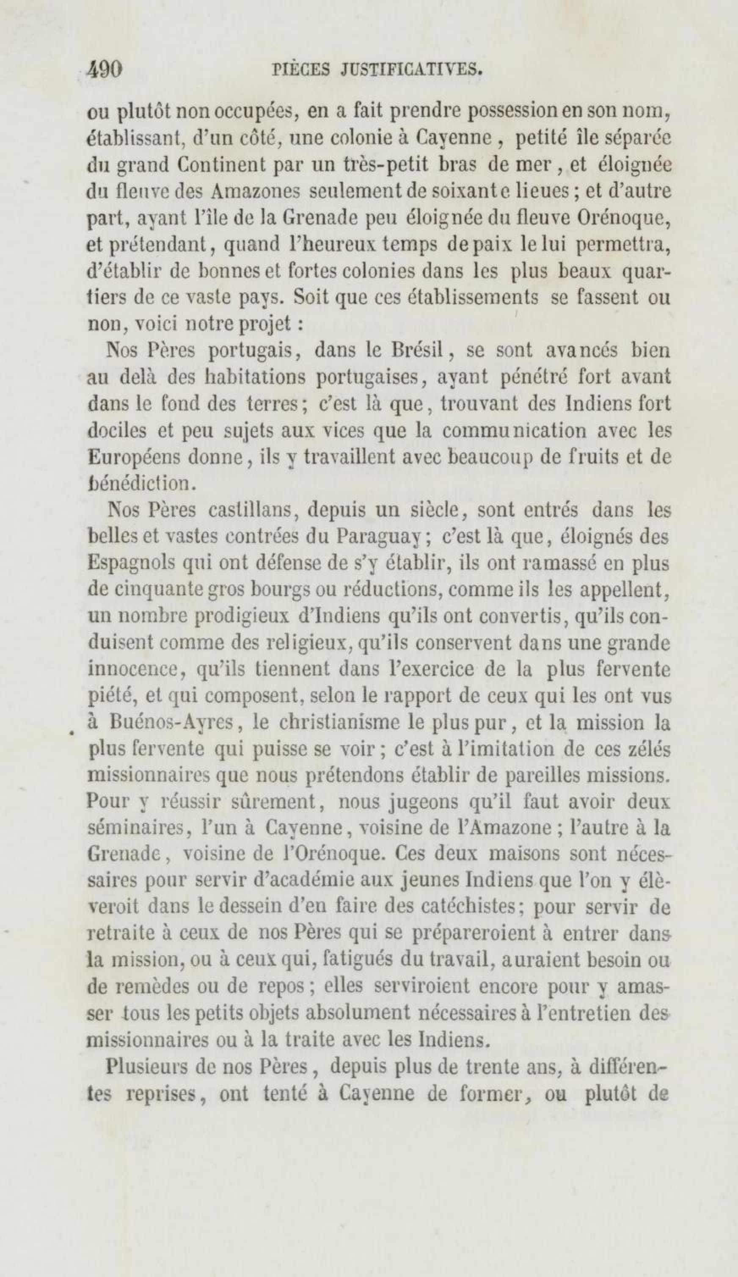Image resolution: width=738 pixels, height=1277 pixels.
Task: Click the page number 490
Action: coord(105,69)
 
